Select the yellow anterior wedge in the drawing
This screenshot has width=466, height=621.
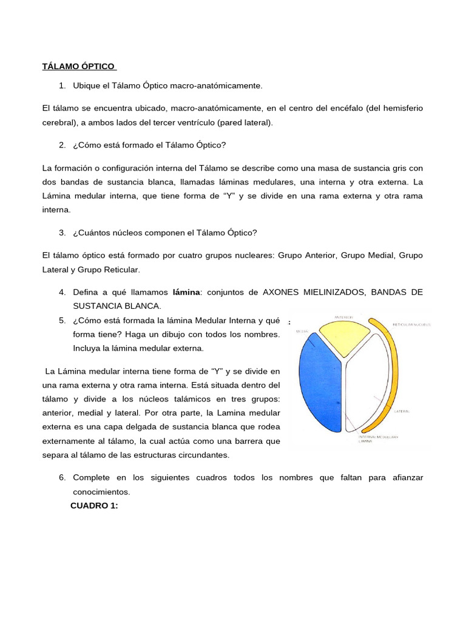[345, 337]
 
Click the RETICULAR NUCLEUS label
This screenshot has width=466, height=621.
[411, 325]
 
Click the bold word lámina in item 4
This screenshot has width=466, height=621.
[186, 292]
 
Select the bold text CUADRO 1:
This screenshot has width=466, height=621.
[94, 506]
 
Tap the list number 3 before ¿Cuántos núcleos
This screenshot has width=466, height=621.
[62, 233]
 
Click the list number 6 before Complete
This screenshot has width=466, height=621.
[62, 478]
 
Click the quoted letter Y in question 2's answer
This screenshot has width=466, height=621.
[228, 196]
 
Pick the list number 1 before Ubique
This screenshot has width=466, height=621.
[62, 86]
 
